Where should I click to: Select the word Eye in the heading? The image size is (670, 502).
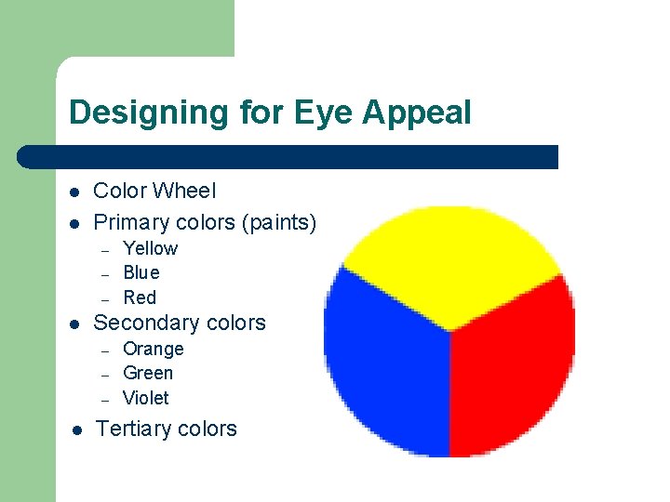pyautogui.click(x=325, y=113)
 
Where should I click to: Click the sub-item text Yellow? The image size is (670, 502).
pyautogui.click(x=150, y=248)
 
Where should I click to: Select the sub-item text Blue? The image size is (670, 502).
pyautogui.click(x=141, y=272)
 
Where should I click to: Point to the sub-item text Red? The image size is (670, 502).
pyautogui.click(x=140, y=297)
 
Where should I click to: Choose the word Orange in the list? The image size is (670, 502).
pyautogui.click(x=154, y=349)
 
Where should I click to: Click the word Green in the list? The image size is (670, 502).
pyautogui.click(x=148, y=373)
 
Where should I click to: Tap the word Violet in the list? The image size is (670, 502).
pyautogui.click(x=146, y=398)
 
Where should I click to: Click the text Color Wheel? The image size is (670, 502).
pyautogui.click(x=154, y=191)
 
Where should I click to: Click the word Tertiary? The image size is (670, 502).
pyautogui.click(x=133, y=429)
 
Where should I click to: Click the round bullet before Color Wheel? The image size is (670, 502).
pyautogui.click(x=74, y=192)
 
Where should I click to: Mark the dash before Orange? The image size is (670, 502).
pyautogui.click(x=106, y=350)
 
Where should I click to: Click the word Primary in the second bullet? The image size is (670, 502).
pyautogui.click(x=131, y=223)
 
